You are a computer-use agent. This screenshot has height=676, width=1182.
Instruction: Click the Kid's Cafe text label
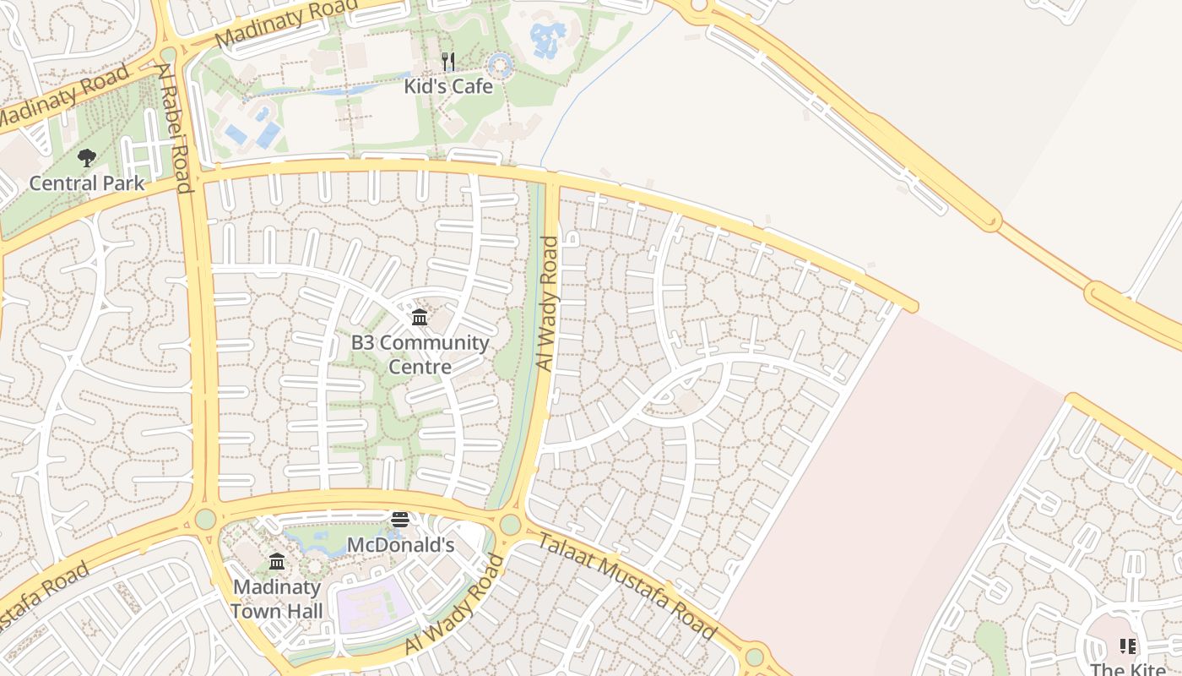pos(447,85)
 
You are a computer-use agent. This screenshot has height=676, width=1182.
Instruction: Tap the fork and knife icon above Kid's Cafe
pos(448,61)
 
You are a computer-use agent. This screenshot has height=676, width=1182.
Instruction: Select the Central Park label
pos(87,183)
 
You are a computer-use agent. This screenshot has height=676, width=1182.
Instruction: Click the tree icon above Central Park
pos(86,157)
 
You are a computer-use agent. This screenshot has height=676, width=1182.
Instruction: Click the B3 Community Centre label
pos(420,354)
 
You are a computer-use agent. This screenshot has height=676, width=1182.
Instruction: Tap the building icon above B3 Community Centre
pos(419,318)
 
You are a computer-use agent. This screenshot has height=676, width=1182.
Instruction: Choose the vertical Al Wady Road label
pos(548,303)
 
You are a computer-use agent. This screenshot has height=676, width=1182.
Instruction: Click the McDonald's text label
pos(400,545)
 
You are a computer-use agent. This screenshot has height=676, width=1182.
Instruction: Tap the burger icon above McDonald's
pos(400,519)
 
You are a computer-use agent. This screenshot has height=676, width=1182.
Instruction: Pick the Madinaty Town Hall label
pos(277,598)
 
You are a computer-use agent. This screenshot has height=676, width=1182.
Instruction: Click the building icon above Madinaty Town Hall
pos(277,561)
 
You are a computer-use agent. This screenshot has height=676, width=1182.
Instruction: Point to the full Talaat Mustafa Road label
pos(626,586)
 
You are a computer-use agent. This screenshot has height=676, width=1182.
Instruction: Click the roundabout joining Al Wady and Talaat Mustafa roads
pos(510,524)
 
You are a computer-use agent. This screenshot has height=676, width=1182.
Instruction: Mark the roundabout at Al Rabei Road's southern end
pos(205,519)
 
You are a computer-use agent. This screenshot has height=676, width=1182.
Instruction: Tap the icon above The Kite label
pos(1128,646)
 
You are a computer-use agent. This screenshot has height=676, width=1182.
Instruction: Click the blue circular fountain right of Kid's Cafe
pos(501,64)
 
